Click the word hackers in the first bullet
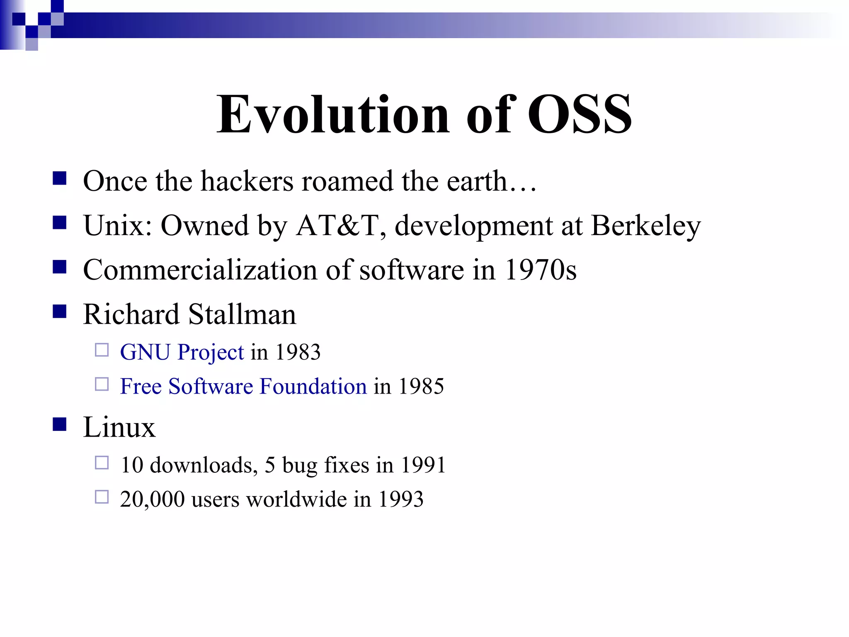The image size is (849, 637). point(247,181)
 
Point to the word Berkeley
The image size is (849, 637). point(645,226)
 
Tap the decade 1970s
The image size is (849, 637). point(541,270)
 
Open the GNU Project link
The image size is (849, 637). point(182,352)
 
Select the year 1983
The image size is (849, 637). point(298,352)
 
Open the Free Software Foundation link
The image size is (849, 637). point(243,386)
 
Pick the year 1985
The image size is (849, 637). point(421,386)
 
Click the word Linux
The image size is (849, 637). point(119,427)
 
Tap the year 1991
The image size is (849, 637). point(423,465)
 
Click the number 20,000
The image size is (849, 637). point(152,499)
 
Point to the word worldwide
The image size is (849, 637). point(296,499)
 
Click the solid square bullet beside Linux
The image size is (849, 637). point(60,424)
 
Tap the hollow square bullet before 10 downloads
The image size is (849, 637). point(102,462)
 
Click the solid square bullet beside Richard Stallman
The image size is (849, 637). point(60,311)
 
